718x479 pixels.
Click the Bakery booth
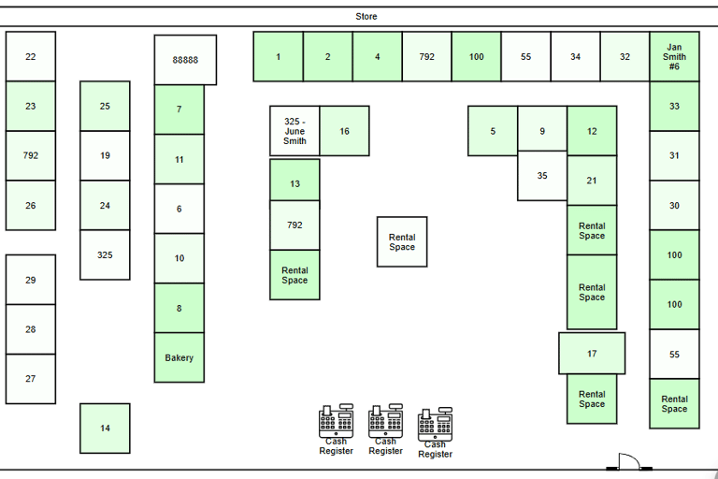click(179, 357)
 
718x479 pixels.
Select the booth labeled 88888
click(185, 60)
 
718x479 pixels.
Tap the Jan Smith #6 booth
click(674, 57)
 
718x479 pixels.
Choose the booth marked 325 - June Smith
click(294, 131)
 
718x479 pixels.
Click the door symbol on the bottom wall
click(626, 462)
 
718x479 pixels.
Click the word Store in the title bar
click(366, 17)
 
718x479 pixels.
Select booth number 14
click(105, 428)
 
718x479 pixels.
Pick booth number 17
click(592, 354)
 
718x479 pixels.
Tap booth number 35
click(542, 176)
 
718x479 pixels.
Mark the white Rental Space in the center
click(402, 242)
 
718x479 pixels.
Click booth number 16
click(344, 131)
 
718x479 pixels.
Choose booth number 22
click(31, 57)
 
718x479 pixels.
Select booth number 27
click(31, 379)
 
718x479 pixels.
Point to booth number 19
click(105, 155)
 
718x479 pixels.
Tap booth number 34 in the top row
click(575, 57)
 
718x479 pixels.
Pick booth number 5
click(493, 131)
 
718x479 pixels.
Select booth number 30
click(674, 206)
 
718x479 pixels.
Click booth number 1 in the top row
click(278, 57)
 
